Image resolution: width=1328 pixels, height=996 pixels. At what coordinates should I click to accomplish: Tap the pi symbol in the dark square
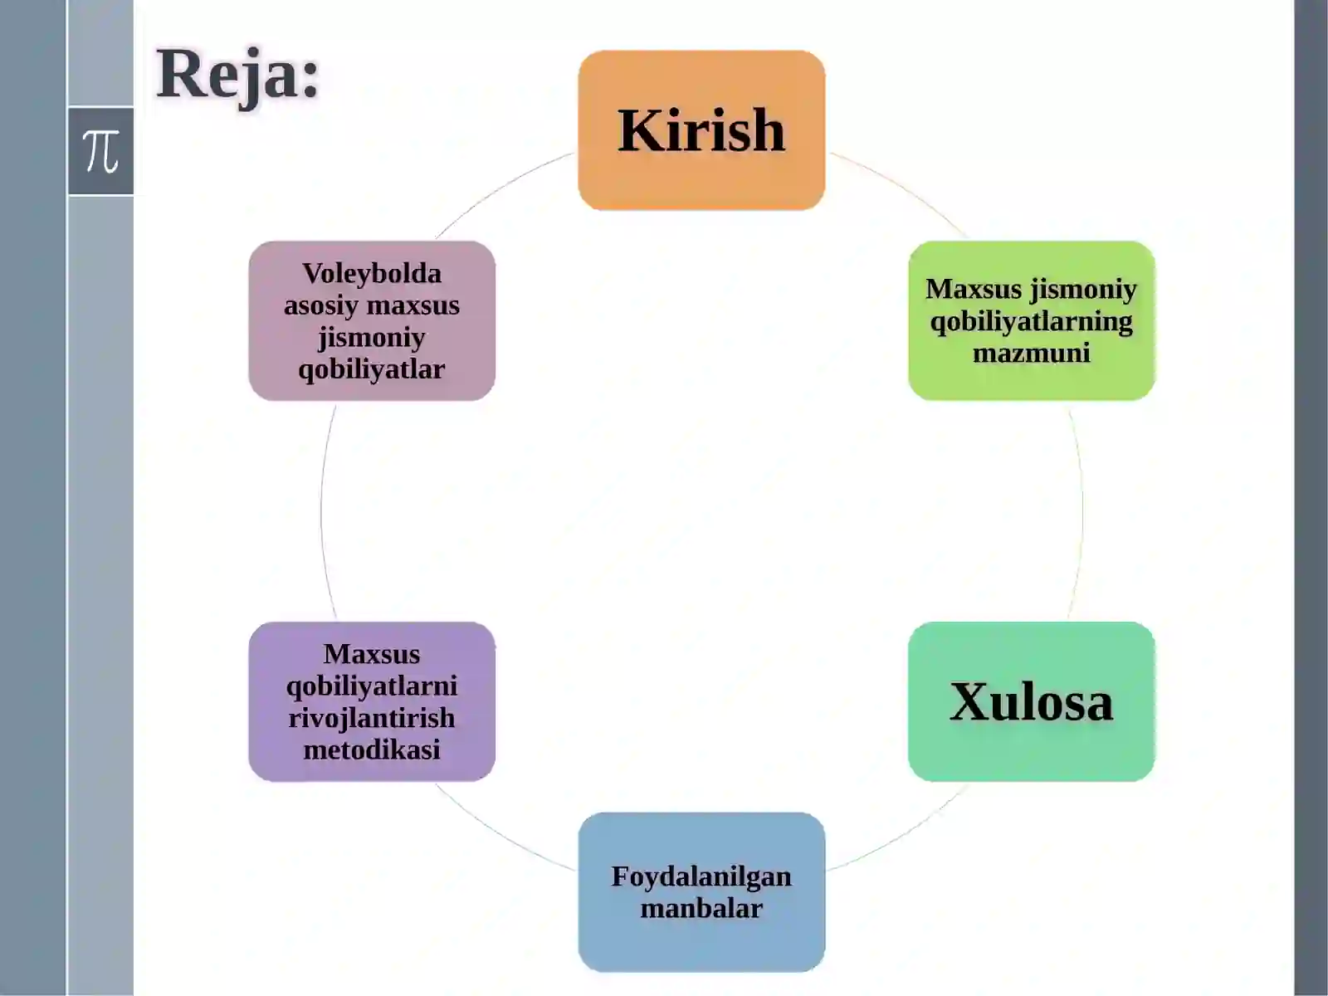click(101, 151)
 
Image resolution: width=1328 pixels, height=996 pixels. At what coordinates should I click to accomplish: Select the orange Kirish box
click(701, 130)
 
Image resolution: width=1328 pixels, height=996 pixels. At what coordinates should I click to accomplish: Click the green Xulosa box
click(1032, 701)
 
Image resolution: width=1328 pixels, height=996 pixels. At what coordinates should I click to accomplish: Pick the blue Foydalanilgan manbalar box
click(701, 892)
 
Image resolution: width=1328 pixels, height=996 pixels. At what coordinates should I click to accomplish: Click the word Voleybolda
click(372, 274)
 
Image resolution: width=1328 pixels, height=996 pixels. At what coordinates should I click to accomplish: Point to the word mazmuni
click(1032, 354)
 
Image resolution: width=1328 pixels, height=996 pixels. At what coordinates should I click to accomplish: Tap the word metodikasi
click(372, 750)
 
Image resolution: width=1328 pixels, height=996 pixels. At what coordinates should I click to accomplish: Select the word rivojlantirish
click(372, 719)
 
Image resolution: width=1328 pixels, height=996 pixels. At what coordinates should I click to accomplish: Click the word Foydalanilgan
click(701, 876)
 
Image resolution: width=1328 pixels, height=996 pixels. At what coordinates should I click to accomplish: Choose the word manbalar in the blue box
click(701, 909)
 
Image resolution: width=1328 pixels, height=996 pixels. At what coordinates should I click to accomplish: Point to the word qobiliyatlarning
click(1032, 322)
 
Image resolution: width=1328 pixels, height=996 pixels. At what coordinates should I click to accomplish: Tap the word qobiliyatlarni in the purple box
click(372, 687)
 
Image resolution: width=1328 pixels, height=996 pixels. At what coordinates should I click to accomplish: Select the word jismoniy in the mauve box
click(372, 338)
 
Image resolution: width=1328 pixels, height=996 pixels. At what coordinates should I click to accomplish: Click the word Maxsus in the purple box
click(372, 654)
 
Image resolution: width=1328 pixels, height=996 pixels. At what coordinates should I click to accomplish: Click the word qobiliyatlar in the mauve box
click(372, 369)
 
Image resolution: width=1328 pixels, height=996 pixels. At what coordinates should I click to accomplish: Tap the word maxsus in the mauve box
click(413, 306)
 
